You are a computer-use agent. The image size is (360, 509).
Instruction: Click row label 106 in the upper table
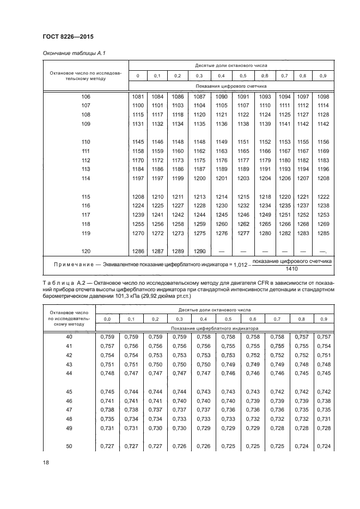click(86, 97)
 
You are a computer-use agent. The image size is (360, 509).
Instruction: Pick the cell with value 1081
click(138, 97)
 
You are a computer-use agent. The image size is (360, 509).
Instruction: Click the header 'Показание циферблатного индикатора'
click(215, 329)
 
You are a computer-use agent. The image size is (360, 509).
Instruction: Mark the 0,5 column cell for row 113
click(243, 169)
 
